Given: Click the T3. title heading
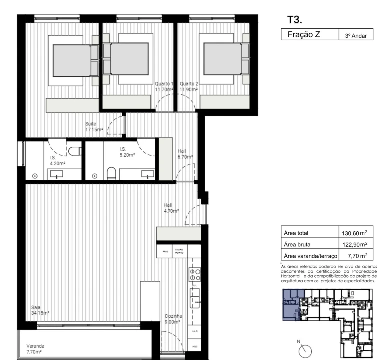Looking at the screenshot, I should tap(294, 20).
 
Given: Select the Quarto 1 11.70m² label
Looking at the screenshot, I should tap(164, 87).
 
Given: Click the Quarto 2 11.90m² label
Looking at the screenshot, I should tap(189, 87).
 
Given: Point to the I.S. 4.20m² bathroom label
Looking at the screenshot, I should tap(57, 160).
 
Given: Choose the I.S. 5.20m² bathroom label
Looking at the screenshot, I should tap(127, 152).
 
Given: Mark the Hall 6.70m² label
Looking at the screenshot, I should tap(185, 153).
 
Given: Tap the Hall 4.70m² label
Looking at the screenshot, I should tap(171, 208).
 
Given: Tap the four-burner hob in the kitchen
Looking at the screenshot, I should tap(195, 274).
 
